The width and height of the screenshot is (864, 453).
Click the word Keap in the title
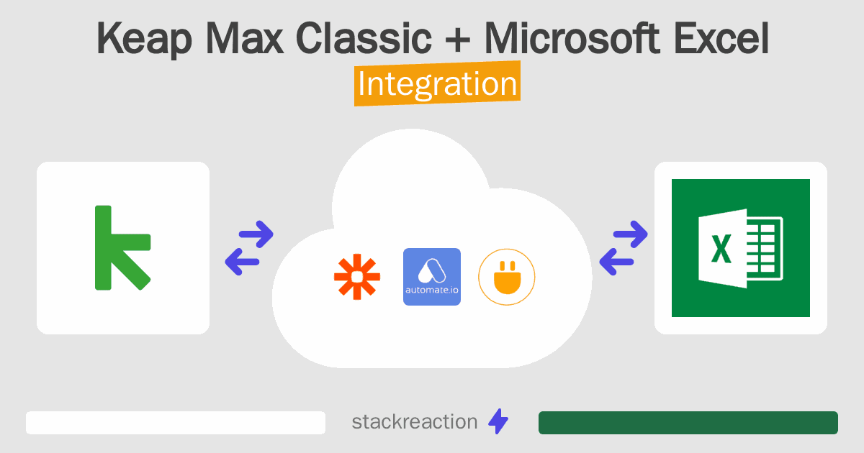tap(144, 40)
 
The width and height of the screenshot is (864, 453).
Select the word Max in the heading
tap(245, 38)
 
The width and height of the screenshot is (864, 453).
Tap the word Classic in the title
tap(364, 38)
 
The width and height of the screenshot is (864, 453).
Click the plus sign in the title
tap(457, 40)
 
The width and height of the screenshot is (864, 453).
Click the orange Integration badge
tap(438, 83)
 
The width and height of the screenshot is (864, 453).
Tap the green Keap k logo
tap(122, 247)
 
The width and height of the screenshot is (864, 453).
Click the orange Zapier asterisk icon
tap(357, 277)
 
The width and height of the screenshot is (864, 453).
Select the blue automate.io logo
tap(432, 277)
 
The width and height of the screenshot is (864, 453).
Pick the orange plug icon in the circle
tap(507, 277)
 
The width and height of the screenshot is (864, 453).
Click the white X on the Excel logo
tap(721, 249)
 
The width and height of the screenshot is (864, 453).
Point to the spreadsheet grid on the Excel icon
tap(764, 249)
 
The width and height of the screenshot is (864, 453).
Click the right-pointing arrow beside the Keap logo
tap(256, 234)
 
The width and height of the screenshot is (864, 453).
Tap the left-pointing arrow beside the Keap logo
tap(242, 262)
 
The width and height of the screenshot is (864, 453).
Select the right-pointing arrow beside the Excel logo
tap(630, 234)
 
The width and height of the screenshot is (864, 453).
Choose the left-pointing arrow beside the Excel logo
tap(616, 262)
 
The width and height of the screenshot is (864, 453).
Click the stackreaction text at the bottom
tap(415, 422)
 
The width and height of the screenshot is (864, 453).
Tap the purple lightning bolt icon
tap(498, 421)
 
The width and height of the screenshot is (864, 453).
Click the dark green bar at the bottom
tap(688, 423)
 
